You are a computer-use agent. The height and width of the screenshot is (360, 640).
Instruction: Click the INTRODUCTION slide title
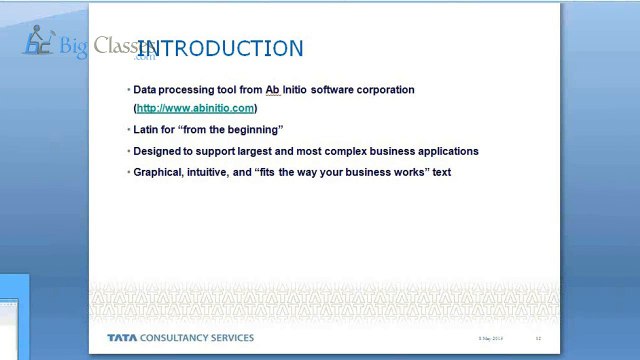pos(220,49)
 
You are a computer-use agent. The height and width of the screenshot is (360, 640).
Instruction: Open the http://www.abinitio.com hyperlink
pos(195,108)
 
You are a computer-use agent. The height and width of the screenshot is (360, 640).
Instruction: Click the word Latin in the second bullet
pos(147,130)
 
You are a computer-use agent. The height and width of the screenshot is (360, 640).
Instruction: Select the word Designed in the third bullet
pos(156,151)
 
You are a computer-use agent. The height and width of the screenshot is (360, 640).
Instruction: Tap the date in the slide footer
pos(490,339)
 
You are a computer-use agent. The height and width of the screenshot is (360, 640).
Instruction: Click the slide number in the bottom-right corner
pos(538,339)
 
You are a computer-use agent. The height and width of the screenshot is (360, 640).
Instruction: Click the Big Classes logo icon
pos(38,41)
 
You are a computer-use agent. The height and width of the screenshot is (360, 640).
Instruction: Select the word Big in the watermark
pos(73,46)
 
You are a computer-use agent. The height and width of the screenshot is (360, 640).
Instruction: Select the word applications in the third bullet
pos(446,151)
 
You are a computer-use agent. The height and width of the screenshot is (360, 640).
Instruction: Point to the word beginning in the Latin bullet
pos(254,130)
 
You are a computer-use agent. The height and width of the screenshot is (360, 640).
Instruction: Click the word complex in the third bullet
pos(366,151)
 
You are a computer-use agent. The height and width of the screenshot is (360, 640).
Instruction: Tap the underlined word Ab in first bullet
pos(271,90)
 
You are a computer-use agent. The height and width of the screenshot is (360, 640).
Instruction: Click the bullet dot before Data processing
pos(129,90)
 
